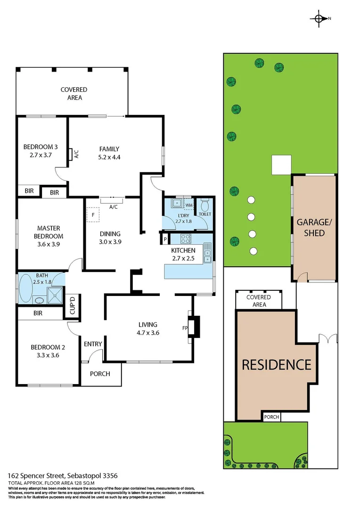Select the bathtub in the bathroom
pos(25,287)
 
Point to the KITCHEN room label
pos(183,250)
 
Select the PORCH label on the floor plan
pos(99,374)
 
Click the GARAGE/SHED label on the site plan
pos(314,227)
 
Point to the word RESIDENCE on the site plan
pos(277,364)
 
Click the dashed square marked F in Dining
pos(93,215)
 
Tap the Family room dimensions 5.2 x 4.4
pos(109,158)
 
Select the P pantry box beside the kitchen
pos(165,239)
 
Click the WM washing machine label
pos(188,205)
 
